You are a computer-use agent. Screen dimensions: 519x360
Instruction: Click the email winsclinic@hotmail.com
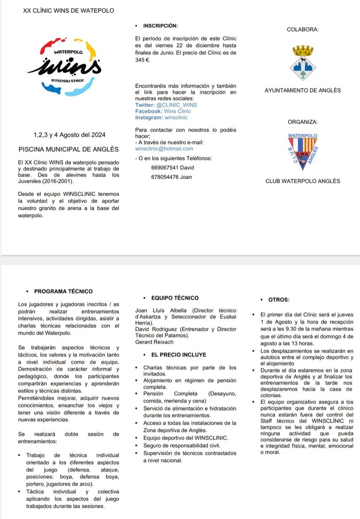point(164,149)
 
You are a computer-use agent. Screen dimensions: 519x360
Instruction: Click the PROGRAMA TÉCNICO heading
point(63,292)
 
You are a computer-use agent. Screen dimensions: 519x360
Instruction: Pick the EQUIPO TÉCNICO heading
point(175,298)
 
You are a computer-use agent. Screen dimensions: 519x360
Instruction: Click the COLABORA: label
point(303,30)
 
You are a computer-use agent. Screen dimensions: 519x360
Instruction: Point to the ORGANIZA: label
point(303,122)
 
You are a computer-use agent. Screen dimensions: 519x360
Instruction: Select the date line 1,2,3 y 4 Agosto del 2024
point(69,135)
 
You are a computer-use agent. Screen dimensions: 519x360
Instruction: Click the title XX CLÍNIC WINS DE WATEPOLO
point(69,10)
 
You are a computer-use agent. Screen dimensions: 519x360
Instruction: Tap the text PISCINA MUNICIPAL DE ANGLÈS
point(69,149)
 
